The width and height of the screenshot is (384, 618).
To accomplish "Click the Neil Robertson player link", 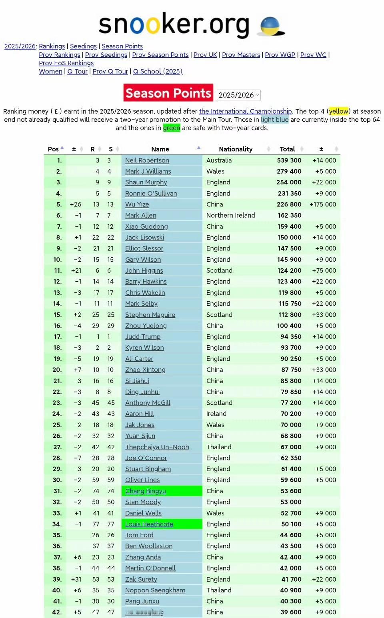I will pyautogui.click(x=147, y=160).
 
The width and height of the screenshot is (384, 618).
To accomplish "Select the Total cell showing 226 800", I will pyautogui.click(x=289, y=204).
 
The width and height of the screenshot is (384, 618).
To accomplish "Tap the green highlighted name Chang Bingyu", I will pyautogui.click(x=145, y=491).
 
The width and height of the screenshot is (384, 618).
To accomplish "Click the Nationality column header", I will pyautogui.click(x=236, y=149).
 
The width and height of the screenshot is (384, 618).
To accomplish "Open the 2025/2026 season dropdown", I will pyautogui.click(x=239, y=95).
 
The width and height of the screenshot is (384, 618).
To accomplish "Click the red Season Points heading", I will pyautogui.click(x=168, y=93).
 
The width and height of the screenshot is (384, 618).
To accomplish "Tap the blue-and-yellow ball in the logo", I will pyautogui.click(x=270, y=26).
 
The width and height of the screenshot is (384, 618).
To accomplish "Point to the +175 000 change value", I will pyautogui.click(x=323, y=204).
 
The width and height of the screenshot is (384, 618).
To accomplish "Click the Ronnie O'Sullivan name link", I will pyautogui.click(x=151, y=194).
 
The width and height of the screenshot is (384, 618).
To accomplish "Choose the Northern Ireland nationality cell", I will pyautogui.click(x=230, y=215).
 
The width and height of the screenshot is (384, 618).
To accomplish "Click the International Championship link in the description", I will pyautogui.click(x=245, y=111).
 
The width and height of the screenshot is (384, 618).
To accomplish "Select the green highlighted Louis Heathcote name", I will pyautogui.click(x=149, y=524).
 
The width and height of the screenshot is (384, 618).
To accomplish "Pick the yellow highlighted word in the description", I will pyautogui.click(x=338, y=111).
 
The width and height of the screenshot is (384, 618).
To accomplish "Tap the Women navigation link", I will pyautogui.click(x=50, y=71).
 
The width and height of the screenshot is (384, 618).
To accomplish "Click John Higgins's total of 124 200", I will pyautogui.click(x=289, y=271).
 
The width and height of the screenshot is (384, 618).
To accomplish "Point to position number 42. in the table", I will pyautogui.click(x=57, y=612).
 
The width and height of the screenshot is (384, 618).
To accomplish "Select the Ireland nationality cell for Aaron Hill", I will pyautogui.click(x=216, y=414).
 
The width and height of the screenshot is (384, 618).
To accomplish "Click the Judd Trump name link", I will pyautogui.click(x=142, y=337).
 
